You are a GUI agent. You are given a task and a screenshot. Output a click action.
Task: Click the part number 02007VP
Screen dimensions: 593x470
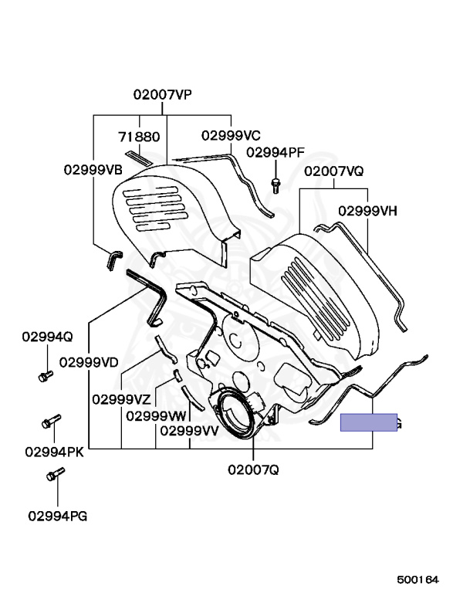(162, 95)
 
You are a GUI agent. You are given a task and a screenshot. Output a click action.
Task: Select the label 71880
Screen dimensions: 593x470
(139, 137)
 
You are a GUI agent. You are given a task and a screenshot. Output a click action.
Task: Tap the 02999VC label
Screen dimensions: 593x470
(232, 135)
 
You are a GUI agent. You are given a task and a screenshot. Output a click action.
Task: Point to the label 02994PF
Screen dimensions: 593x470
(276, 152)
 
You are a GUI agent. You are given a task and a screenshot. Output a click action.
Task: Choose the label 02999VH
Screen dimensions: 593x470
(367, 210)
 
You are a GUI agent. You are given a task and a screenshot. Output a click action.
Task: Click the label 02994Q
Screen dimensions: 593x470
(47, 337)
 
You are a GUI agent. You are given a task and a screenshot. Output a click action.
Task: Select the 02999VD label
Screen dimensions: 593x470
(89, 361)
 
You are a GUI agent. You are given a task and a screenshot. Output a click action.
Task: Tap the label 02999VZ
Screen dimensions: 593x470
(121, 399)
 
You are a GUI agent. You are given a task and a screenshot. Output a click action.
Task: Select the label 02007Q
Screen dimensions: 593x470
(253, 469)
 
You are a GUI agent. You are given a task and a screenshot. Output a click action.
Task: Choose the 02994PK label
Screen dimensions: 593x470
(54, 451)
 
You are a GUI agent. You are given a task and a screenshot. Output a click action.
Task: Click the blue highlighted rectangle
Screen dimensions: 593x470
(369, 422)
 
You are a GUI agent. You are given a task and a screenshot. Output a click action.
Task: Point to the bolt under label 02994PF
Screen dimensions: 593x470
(275, 183)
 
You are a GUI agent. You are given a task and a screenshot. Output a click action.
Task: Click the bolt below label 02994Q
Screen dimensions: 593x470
(45, 376)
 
